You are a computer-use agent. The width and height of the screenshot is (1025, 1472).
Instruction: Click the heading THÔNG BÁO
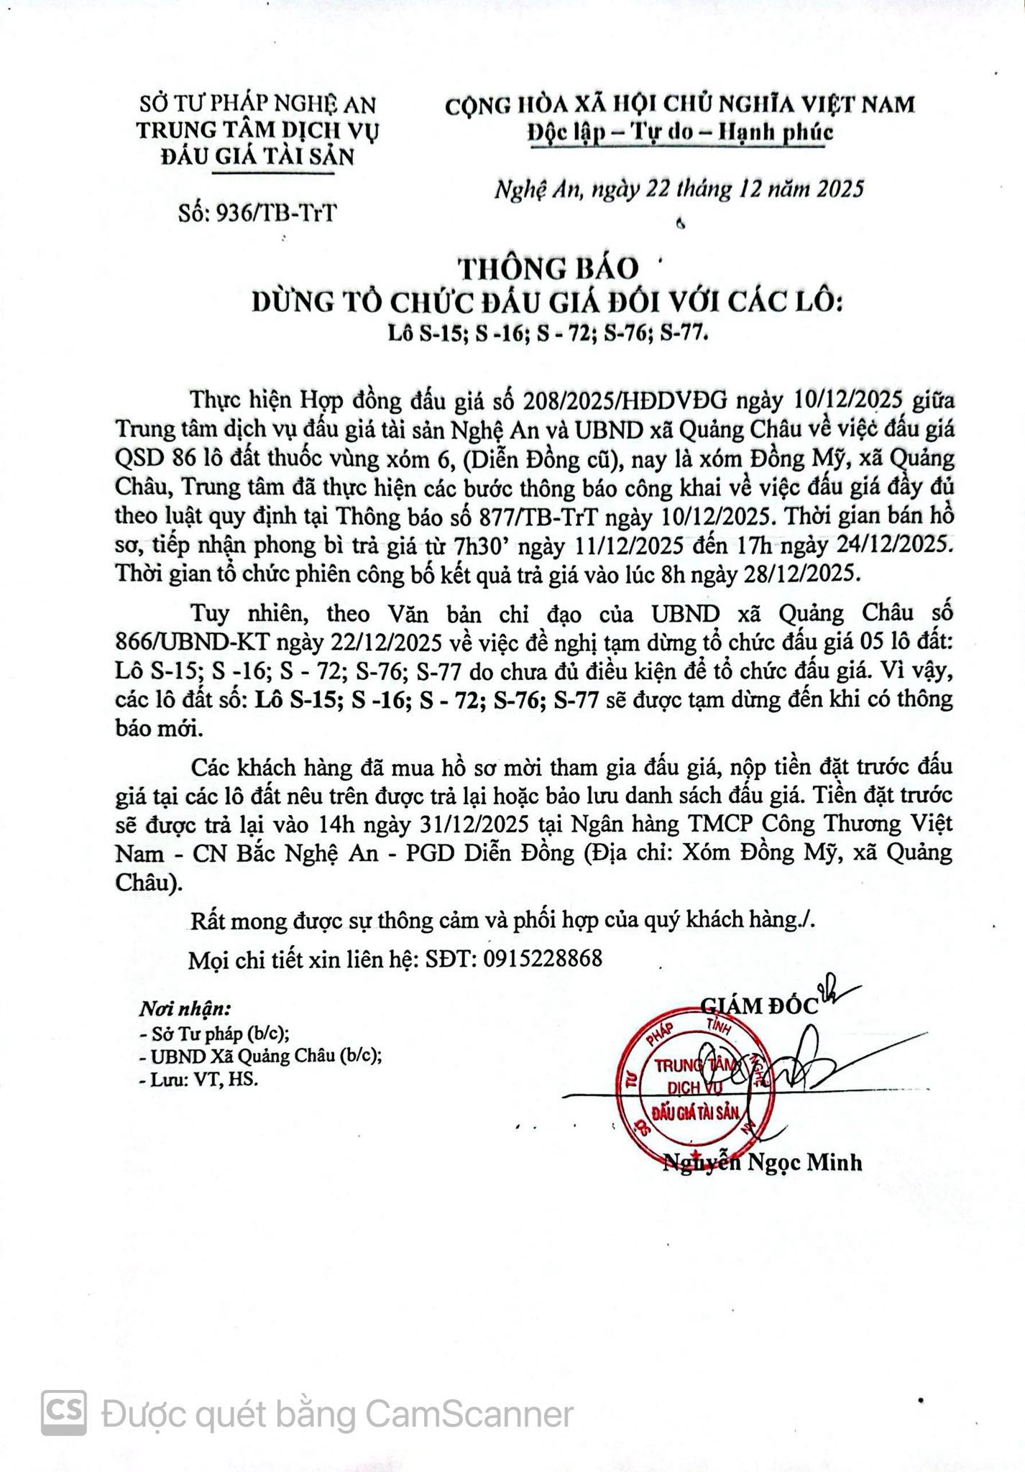coord(549,268)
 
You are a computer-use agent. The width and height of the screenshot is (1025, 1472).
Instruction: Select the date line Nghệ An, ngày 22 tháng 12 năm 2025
coord(679,188)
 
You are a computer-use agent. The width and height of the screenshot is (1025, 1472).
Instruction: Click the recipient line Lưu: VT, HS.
coord(198,1079)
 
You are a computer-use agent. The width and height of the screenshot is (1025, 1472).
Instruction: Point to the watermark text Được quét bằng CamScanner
coord(338,1414)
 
